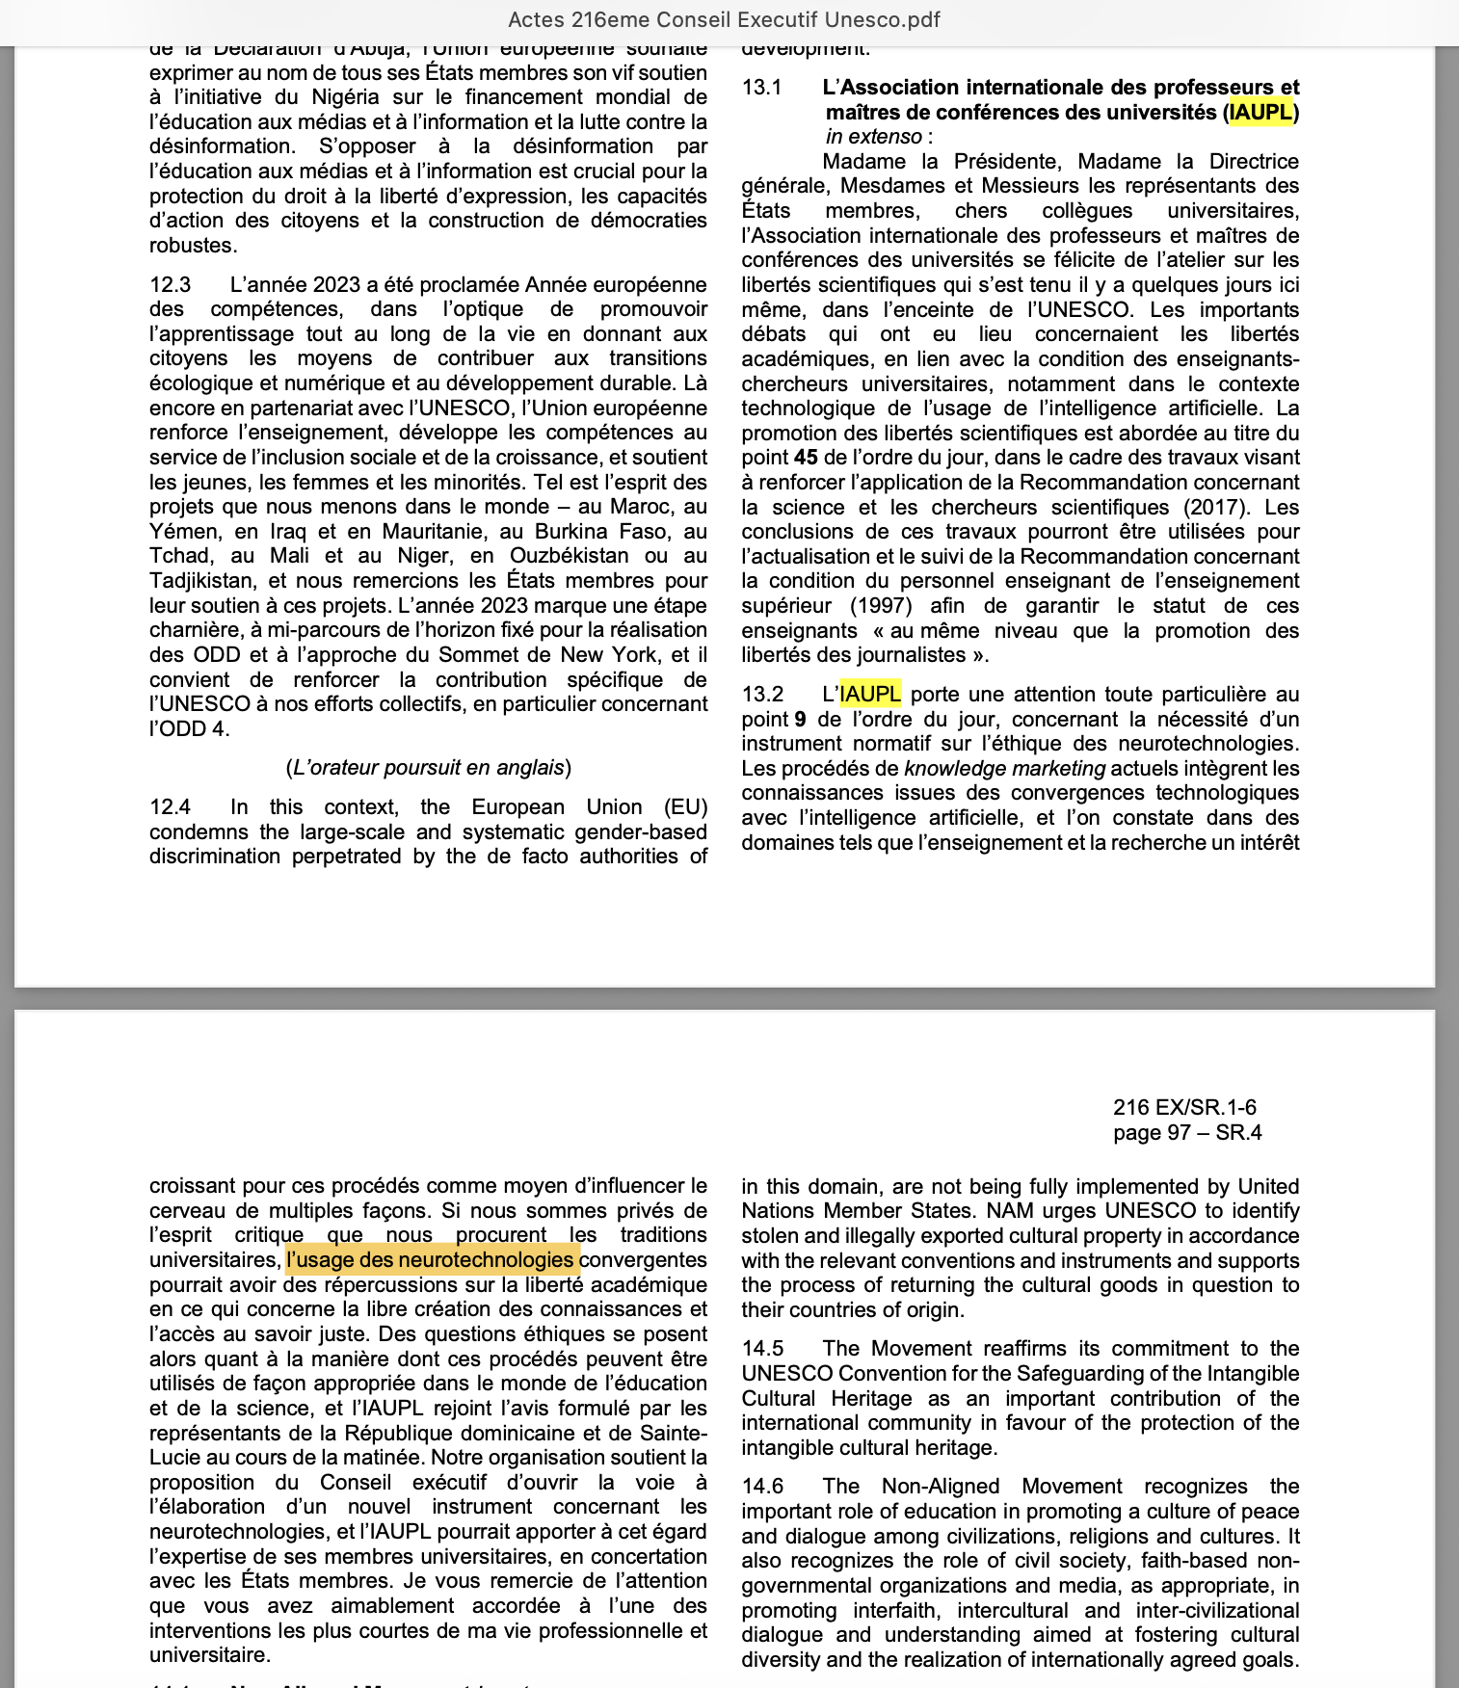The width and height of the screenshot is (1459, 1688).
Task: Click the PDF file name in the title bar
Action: tap(724, 19)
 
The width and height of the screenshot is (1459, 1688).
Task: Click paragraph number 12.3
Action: tap(171, 285)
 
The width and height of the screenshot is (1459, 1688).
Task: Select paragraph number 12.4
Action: tap(171, 807)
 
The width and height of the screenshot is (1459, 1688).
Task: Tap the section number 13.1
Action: tap(761, 88)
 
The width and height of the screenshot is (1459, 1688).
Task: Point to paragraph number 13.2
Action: tap(762, 695)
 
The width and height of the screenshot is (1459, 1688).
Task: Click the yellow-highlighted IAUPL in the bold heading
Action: tap(1260, 113)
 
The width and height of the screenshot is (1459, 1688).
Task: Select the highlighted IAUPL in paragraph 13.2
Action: tap(870, 695)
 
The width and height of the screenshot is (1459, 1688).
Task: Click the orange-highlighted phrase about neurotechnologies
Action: tap(432, 1260)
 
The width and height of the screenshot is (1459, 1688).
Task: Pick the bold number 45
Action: tap(806, 458)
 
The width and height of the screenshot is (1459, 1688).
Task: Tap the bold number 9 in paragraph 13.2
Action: tap(800, 720)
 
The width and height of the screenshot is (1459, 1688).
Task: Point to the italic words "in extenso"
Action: tap(873, 137)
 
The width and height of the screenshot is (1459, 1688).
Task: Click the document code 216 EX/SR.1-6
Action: tap(1184, 1108)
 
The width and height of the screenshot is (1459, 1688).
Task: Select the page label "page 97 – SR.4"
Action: tap(1187, 1133)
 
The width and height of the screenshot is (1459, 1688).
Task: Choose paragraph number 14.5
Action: tap(762, 1349)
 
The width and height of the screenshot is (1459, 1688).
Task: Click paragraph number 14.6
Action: tap(762, 1487)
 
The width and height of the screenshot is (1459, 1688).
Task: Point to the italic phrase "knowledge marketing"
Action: tap(1004, 769)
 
